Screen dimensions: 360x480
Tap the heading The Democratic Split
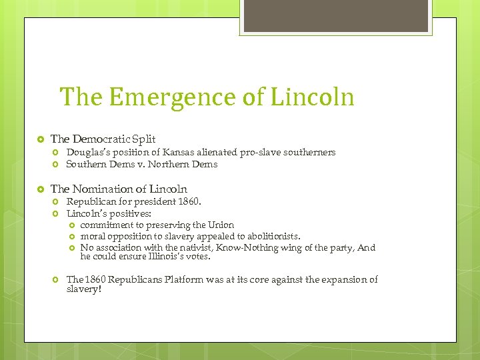coord(103,139)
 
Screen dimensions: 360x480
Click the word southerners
coord(311,153)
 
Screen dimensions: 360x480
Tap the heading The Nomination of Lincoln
coord(119,189)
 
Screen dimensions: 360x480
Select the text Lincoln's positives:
coord(109,214)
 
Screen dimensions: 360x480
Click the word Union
coord(221,225)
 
